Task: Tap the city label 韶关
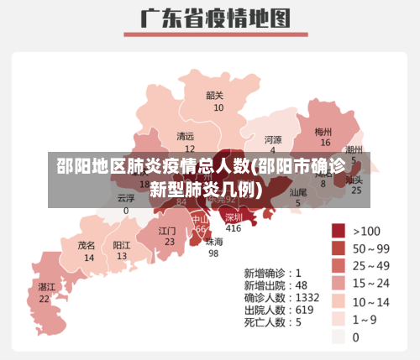[216, 95]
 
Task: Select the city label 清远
[185, 136]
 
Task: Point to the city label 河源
[273, 139]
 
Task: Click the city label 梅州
[323, 132]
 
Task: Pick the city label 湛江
[45, 287]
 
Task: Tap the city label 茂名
[87, 246]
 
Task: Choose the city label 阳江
[122, 245]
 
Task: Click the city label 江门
[167, 230]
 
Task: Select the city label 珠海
[214, 242]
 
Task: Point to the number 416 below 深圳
[234, 228]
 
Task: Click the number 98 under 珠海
[213, 253]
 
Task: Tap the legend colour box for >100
[339, 230]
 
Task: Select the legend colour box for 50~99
[339, 248]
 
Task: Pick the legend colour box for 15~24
[339, 284]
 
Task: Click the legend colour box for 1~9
[339, 319]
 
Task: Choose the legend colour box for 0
[339, 337]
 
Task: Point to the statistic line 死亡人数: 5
[272, 321]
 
